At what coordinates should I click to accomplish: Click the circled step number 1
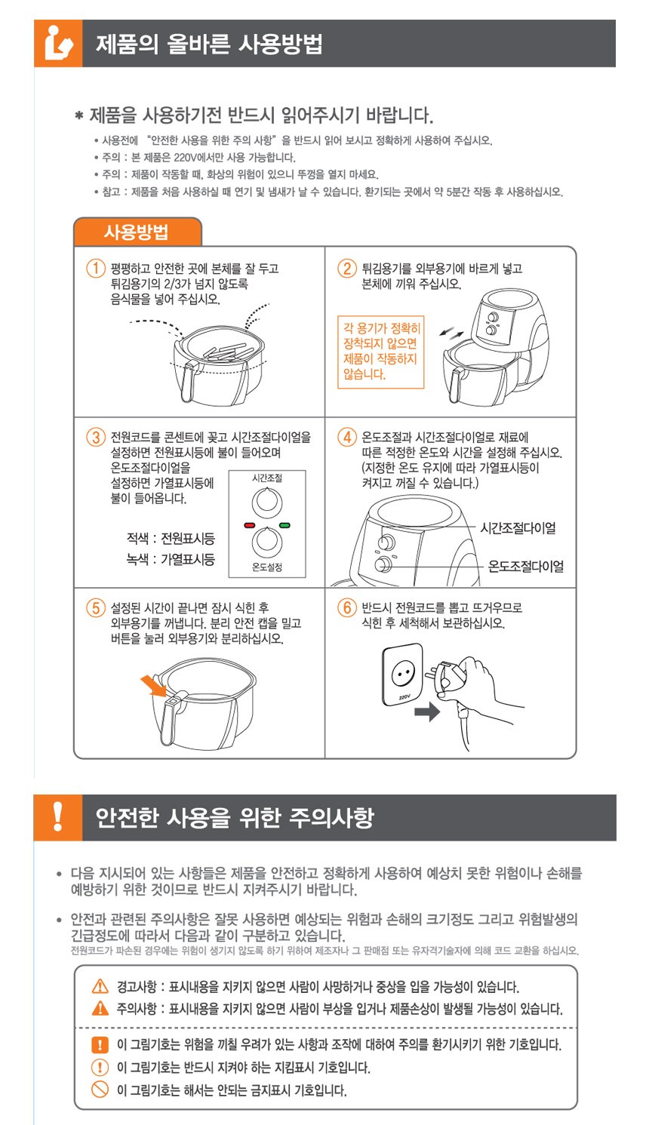[95, 268]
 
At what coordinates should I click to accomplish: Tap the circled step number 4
[346, 437]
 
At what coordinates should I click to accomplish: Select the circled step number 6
[346, 607]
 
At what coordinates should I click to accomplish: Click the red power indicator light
[250, 525]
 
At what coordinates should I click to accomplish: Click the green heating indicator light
[285, 525]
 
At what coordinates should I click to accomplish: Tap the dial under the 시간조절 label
[266, 503]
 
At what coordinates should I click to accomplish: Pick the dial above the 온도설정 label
[266, 542]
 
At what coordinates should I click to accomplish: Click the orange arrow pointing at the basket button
[153, 686]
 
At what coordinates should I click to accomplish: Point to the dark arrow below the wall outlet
[427, 712]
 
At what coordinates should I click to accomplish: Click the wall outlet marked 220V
[402, 674]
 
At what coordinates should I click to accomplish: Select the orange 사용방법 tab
[137, 232]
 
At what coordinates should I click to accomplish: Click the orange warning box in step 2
[381, 352]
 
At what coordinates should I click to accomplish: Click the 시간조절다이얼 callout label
[518, 528]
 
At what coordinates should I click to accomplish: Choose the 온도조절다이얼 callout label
[525, 567]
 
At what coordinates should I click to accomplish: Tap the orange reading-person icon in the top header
[58, 43]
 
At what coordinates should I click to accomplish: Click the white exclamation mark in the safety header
[58, 816]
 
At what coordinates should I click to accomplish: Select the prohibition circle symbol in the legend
[100, 1089]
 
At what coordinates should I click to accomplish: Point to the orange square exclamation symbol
[100, 1044]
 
